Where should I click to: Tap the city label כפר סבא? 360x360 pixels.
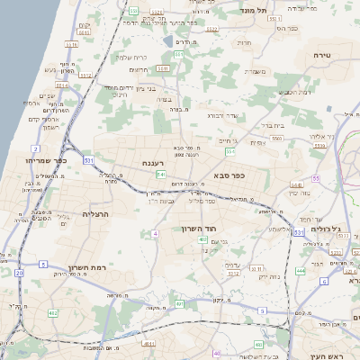point(229,175)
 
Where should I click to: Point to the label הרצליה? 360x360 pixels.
point(94,214)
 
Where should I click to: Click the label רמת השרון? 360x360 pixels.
point(86,267)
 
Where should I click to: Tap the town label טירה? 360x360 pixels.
point(322,56)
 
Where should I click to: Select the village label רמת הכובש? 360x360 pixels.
point(294,91)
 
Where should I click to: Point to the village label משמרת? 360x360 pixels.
point(253,71)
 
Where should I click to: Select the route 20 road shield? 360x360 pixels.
point(19,272)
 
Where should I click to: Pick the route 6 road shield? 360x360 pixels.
point(323,281)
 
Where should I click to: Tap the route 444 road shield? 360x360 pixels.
point(299,269)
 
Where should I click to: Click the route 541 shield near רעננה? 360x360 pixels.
point(161,174)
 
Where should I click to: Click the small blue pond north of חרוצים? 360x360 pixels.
point(168,40)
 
